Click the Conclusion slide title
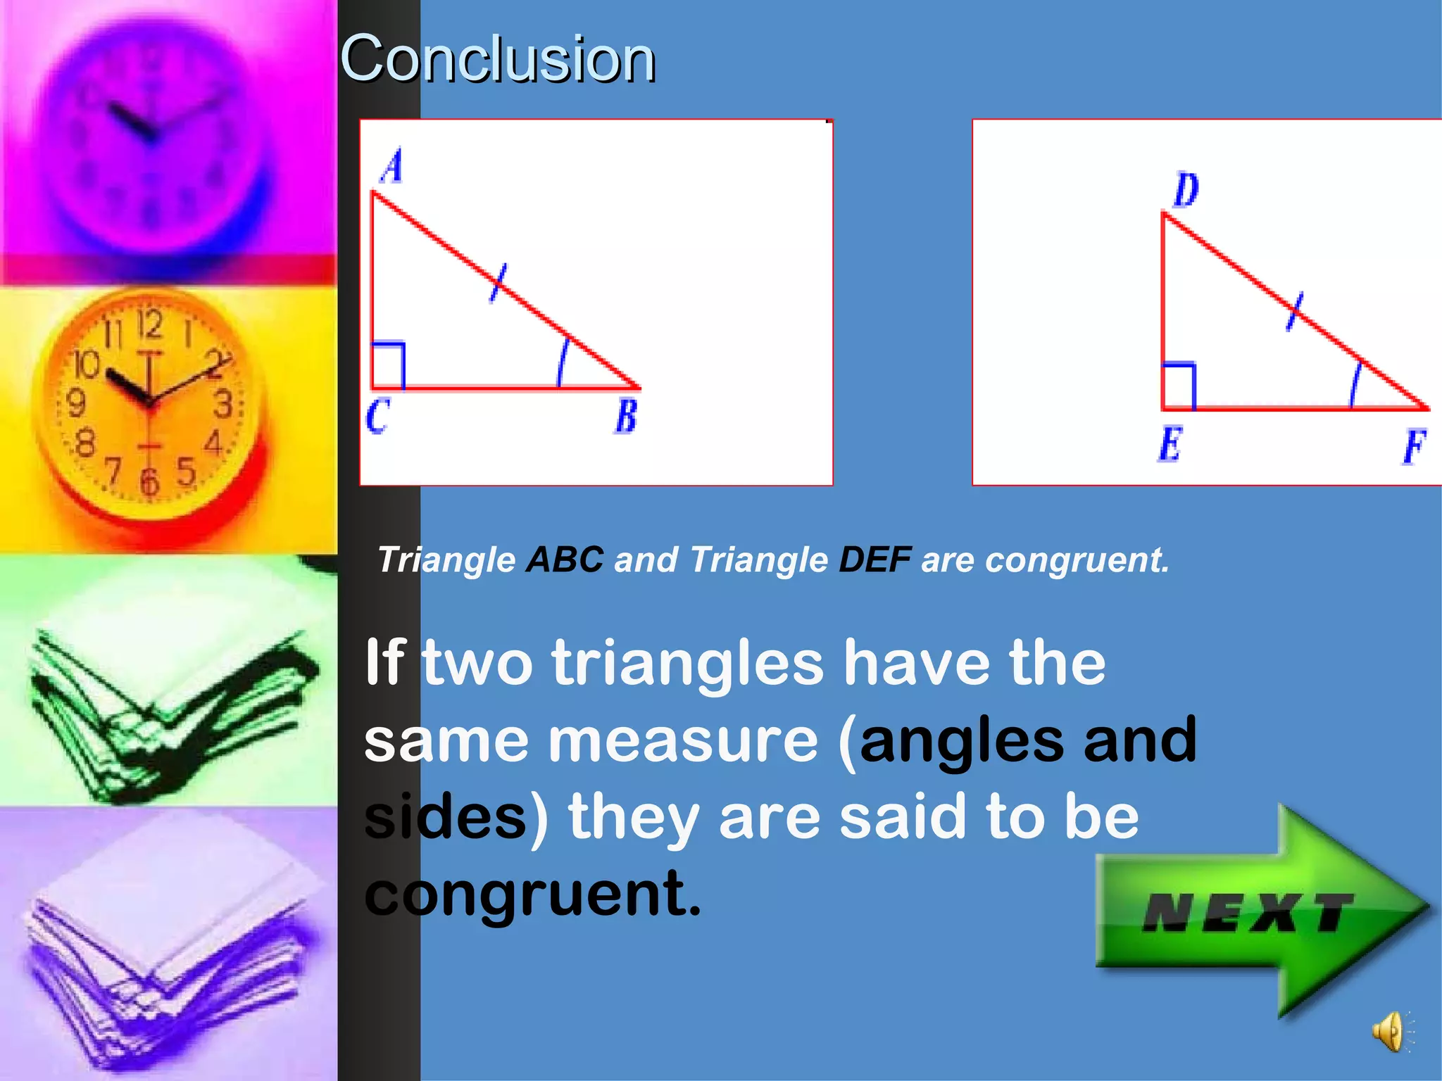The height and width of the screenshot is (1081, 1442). [x=497, y=59]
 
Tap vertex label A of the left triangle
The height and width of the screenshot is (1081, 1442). [x=392, y=167]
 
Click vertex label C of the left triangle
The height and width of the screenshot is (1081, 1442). [x=377, y=416]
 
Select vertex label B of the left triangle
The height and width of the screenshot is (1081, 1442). [x=626, y=416]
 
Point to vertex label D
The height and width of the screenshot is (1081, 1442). [x=1186, y=190]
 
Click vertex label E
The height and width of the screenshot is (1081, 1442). [x=1170, y=444]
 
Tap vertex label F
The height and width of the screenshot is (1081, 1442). [x=1414, y=446]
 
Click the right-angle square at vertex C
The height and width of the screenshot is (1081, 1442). [x=388, y=365]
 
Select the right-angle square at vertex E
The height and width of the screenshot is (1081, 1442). [x=1179, y=385]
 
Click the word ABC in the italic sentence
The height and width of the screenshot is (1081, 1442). [x=565, y=560]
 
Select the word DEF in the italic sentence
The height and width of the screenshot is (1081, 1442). [x=874, y=560]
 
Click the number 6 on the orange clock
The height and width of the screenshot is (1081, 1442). [x=149, y=482]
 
